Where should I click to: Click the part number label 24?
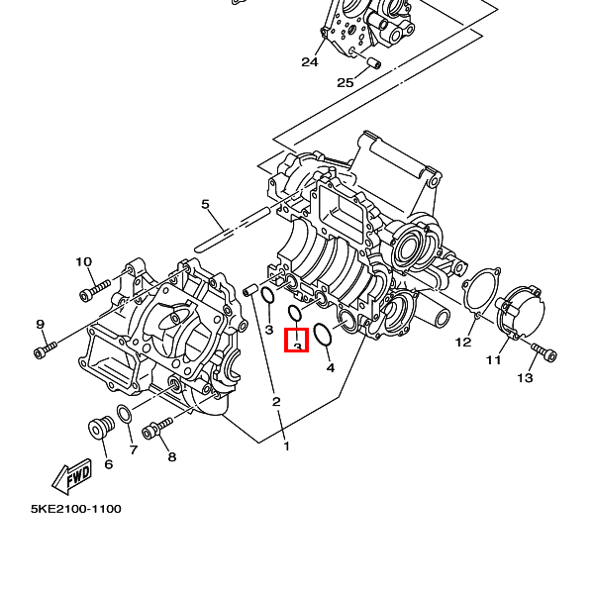pos(310,62)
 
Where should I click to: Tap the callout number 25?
pos(345,82)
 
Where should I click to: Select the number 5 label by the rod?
pos(206,205)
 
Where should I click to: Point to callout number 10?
pos(83,262)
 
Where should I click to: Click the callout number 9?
pos(41,325)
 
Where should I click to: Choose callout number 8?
pos(171,457)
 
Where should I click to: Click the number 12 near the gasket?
pos(463,343)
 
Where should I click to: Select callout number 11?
pos(494,359)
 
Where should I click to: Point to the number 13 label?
pos(525,377)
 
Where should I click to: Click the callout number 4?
pos(331,367)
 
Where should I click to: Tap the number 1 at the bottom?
pos(287,446)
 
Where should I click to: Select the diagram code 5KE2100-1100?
pos(76,509)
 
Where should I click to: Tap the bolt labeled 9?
pos(47,347)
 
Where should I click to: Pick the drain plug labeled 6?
pos(98,428)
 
